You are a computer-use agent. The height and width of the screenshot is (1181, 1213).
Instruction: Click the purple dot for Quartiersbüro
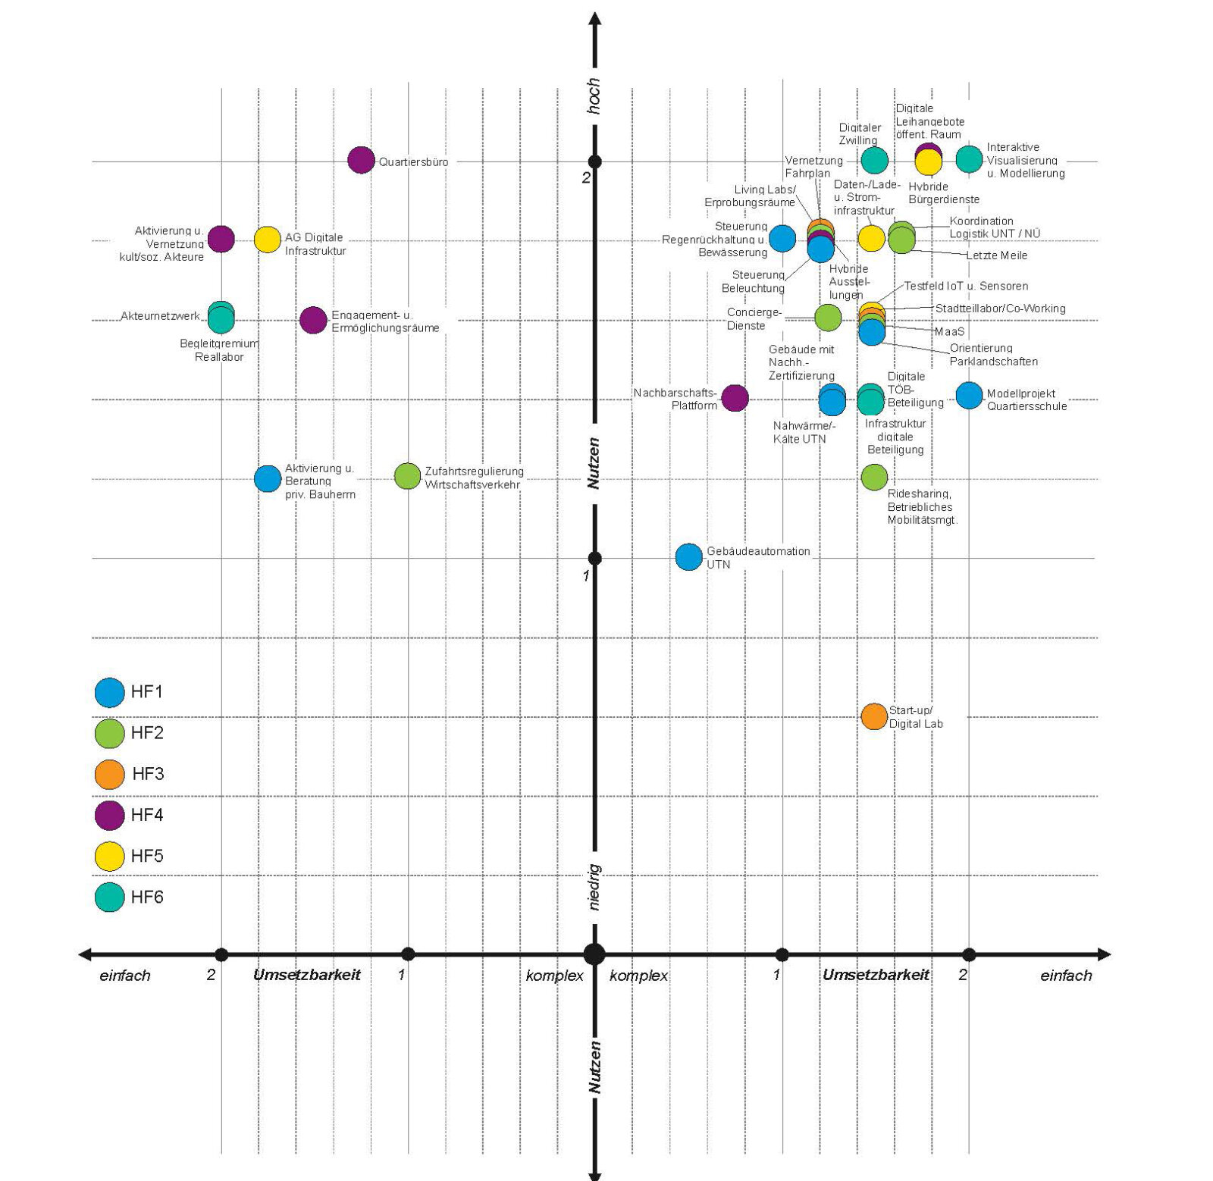361,160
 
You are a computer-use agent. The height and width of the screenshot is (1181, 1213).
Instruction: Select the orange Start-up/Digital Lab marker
874,716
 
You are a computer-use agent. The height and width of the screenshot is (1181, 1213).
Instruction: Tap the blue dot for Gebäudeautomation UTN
688,556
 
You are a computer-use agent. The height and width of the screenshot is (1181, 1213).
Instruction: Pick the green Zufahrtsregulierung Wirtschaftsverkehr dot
407,476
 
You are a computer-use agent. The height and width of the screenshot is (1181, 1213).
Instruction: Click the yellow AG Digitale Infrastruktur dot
267,239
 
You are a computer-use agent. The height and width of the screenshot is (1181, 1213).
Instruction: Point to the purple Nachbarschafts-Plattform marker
735,397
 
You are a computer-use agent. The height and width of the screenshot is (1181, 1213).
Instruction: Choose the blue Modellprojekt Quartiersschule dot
969,395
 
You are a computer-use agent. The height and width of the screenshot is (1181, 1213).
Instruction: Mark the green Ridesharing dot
874,477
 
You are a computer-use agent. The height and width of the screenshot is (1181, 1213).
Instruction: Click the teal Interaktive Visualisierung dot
969,159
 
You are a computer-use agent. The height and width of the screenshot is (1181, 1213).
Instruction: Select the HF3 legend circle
109,774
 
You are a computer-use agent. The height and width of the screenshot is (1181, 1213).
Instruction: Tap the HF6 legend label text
147,897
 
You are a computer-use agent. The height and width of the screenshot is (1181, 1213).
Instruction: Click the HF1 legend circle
109,692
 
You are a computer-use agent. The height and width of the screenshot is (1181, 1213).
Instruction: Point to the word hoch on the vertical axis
594,96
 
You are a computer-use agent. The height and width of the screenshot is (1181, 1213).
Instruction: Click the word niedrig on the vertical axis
594,887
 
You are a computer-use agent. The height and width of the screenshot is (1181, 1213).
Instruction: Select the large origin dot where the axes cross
594,954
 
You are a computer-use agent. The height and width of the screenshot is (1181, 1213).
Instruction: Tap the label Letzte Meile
996,255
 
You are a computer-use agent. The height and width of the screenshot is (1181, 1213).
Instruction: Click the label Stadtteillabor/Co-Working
1000,309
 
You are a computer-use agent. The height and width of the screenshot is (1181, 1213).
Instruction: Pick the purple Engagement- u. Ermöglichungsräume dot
313,320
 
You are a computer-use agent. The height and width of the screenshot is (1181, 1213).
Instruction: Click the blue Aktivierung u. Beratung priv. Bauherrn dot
268,478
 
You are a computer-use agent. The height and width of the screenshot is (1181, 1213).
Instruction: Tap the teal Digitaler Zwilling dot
874,160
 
